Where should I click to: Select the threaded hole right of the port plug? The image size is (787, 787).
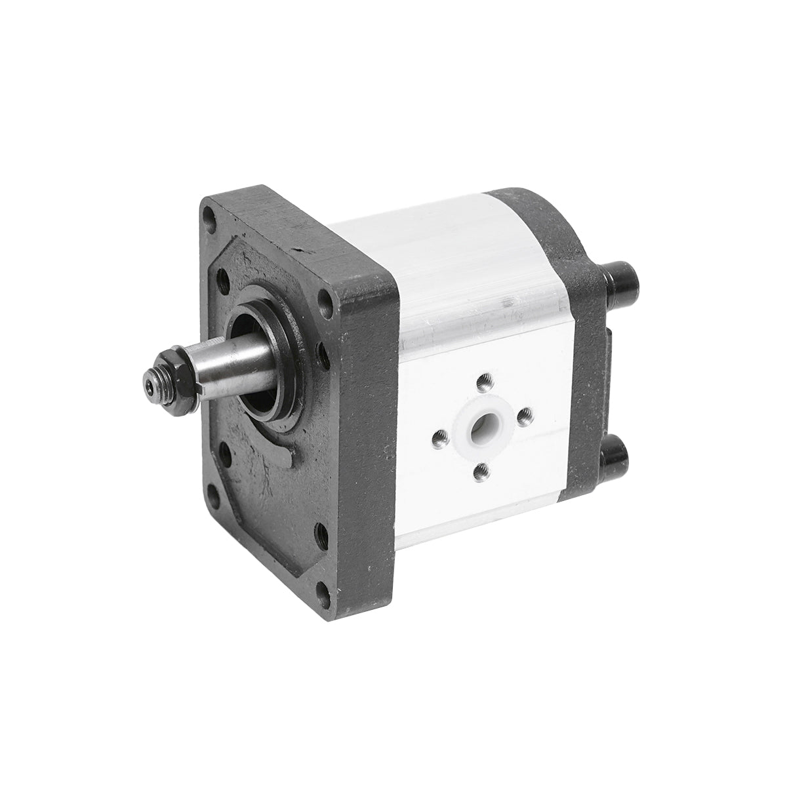525,414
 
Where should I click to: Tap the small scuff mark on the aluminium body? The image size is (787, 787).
508,302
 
